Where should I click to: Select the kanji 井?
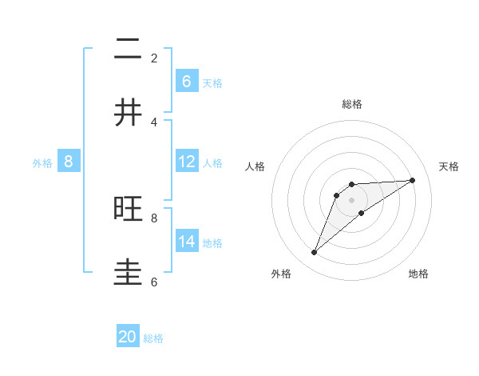(129, 113)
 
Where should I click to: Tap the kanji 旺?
(129, 209)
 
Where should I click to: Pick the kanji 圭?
(129, 273)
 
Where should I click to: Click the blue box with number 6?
(186, 82)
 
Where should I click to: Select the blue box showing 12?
(186, 162)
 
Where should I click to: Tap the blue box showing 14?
(186, 242)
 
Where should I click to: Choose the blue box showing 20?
(128, 338)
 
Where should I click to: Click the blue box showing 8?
(69, 162)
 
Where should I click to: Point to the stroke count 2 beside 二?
(154, 58)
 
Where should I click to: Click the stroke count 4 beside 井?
(154, 122)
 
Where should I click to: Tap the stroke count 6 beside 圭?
(154, 282)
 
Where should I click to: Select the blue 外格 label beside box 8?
(42, 163)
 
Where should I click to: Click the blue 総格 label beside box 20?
(153, 338)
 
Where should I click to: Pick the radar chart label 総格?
(352, 104)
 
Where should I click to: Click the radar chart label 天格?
(449, 166)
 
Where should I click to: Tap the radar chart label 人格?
(255, 166)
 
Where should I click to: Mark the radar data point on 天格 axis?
(413, 180)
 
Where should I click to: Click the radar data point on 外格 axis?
(315, 253)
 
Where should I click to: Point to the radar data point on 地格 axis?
(362, 213)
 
